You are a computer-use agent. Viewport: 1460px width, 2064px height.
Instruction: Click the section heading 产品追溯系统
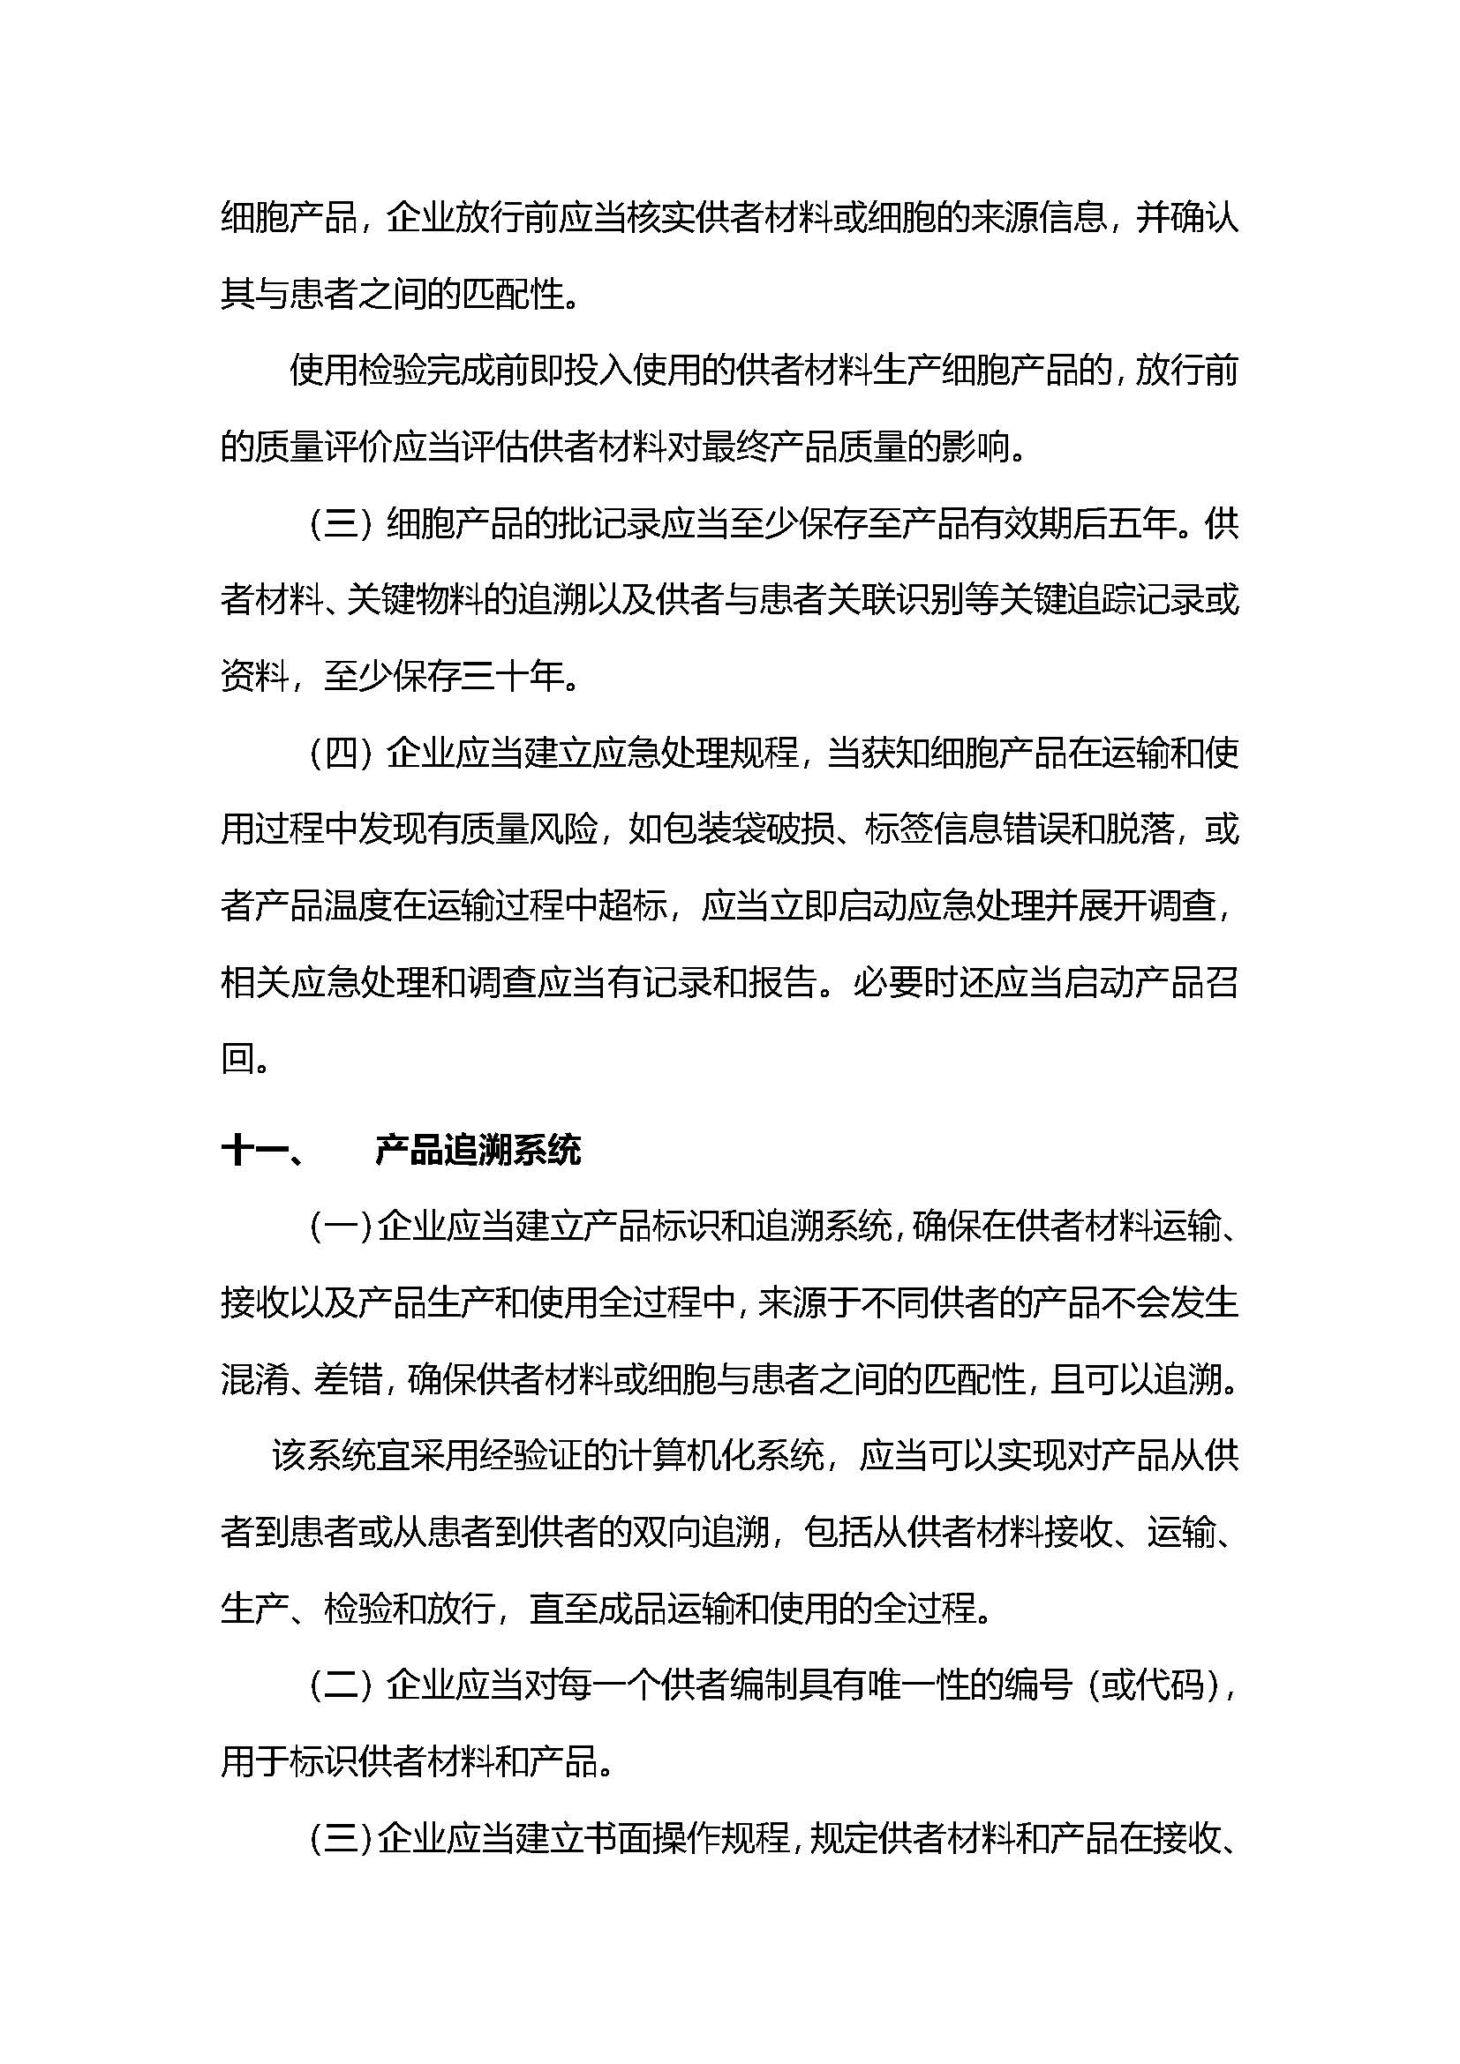point(478,1151)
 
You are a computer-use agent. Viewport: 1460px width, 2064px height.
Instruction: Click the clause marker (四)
point(341,754)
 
